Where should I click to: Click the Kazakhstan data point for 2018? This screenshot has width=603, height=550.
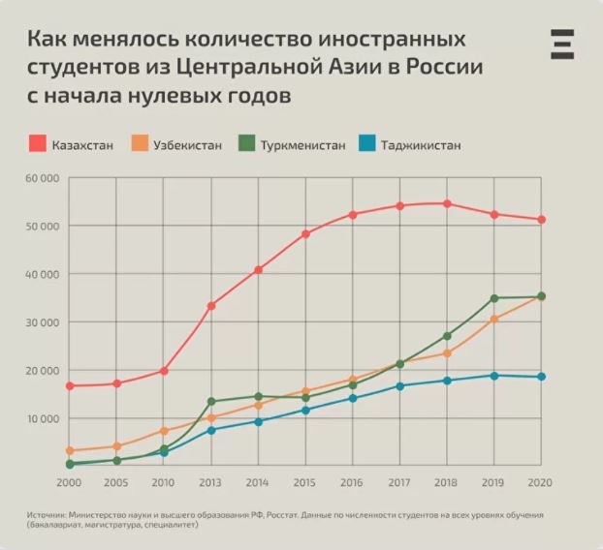coord(447,203)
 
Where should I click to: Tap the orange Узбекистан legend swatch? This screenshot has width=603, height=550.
coord(140,145)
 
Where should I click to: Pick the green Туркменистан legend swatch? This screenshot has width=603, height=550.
coord(246,145)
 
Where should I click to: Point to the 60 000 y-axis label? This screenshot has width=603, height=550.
coord(42,179)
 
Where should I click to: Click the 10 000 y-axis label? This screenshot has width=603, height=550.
coord(42,418)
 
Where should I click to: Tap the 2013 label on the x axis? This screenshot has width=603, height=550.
coord(211,481)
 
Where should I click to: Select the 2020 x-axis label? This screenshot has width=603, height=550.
coord(541,481)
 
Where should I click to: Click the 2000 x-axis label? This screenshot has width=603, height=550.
coord(69,481)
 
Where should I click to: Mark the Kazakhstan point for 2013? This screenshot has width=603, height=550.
coord(211,306)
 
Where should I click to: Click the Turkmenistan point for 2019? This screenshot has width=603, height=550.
coord(494,298)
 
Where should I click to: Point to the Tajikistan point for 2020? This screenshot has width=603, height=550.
coord(541,377)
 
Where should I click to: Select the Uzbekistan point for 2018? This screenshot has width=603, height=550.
coord(447,352)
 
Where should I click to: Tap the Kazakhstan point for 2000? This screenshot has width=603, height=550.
coord(70,385)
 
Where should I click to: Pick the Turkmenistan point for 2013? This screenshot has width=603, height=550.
coord(211,401)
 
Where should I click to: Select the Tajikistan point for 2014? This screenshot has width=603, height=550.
coord(259,421)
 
